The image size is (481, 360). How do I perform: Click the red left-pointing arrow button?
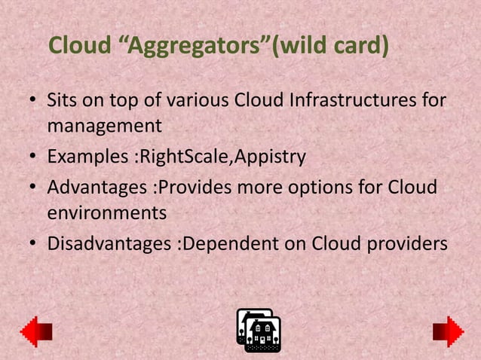[35, 331]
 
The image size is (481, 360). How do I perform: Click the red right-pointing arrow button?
[448, 331]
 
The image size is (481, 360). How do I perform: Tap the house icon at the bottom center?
[259, 331]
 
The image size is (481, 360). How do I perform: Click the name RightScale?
[179, 157]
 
